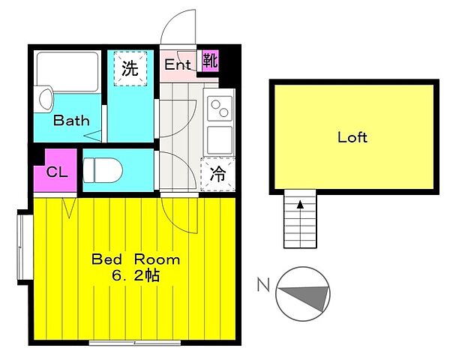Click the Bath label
click(72, 120)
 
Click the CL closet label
click(57, 172)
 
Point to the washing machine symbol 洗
click(130, 70)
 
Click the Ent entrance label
click(178, 64)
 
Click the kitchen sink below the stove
click(220, 139)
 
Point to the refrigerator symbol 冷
click(217, 175)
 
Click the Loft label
click(352, 137)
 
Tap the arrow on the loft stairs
click(300, 203)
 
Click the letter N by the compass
click(263, 284)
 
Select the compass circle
click(303, 292)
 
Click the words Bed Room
click(136, 259)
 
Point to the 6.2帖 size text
click(136, 275)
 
